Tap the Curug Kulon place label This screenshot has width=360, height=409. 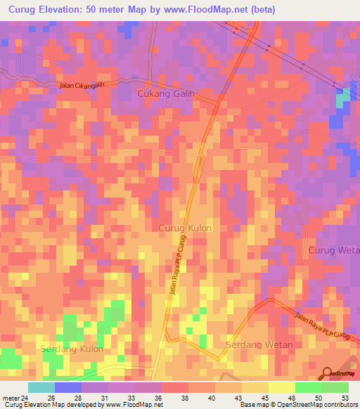pos(185,228)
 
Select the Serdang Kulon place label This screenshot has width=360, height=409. pos(72,349)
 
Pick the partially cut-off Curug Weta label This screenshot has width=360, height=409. pos(333,251)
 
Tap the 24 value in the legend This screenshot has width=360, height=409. pos(25,398)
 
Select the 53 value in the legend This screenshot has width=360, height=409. pos(345,398)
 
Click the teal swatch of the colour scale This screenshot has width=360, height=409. pos(41,387)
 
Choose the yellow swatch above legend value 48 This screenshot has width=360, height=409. pos(281,387)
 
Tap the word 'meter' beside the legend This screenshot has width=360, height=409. pos(11,398)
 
